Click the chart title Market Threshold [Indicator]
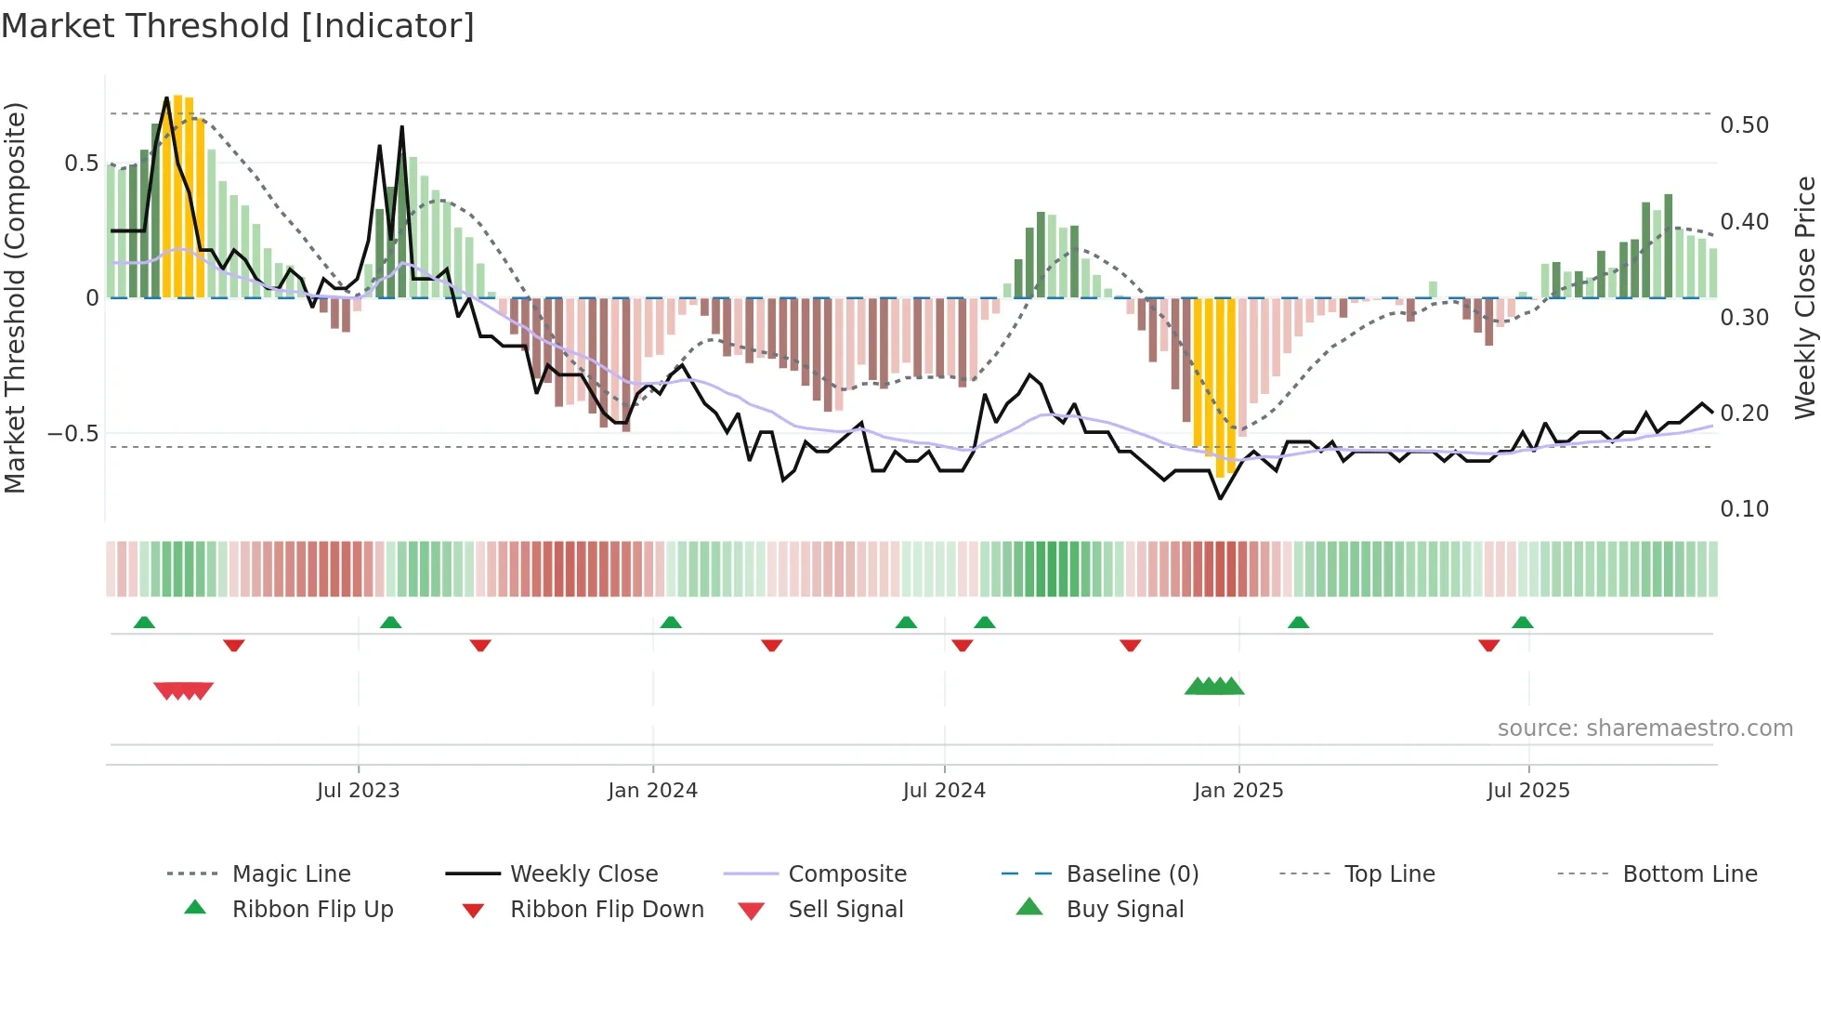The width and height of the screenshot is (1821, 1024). coord(238,26)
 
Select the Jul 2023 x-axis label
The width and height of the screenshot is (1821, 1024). coord(358,791)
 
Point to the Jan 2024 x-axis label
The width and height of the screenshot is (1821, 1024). coord(652,791)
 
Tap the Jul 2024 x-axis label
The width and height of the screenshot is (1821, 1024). coord(944,791)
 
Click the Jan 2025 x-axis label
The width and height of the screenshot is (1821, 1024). coord(1238,791)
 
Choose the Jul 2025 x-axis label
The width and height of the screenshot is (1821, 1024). coord(1528,791)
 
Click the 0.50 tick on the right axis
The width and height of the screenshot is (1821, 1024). coord(1744,125)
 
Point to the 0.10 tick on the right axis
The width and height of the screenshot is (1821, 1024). coord(1744,509)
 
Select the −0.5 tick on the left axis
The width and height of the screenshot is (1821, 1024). coord(73,434)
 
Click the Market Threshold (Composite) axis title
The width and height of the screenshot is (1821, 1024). coord(15,297)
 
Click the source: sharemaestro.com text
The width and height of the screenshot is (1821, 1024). coord(1644,729)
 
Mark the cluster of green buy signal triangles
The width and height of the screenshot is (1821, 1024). coord(1214,687)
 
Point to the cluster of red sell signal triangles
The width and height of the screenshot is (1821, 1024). coord(184,690)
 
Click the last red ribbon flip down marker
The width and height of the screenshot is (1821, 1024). coord(1488,645)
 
